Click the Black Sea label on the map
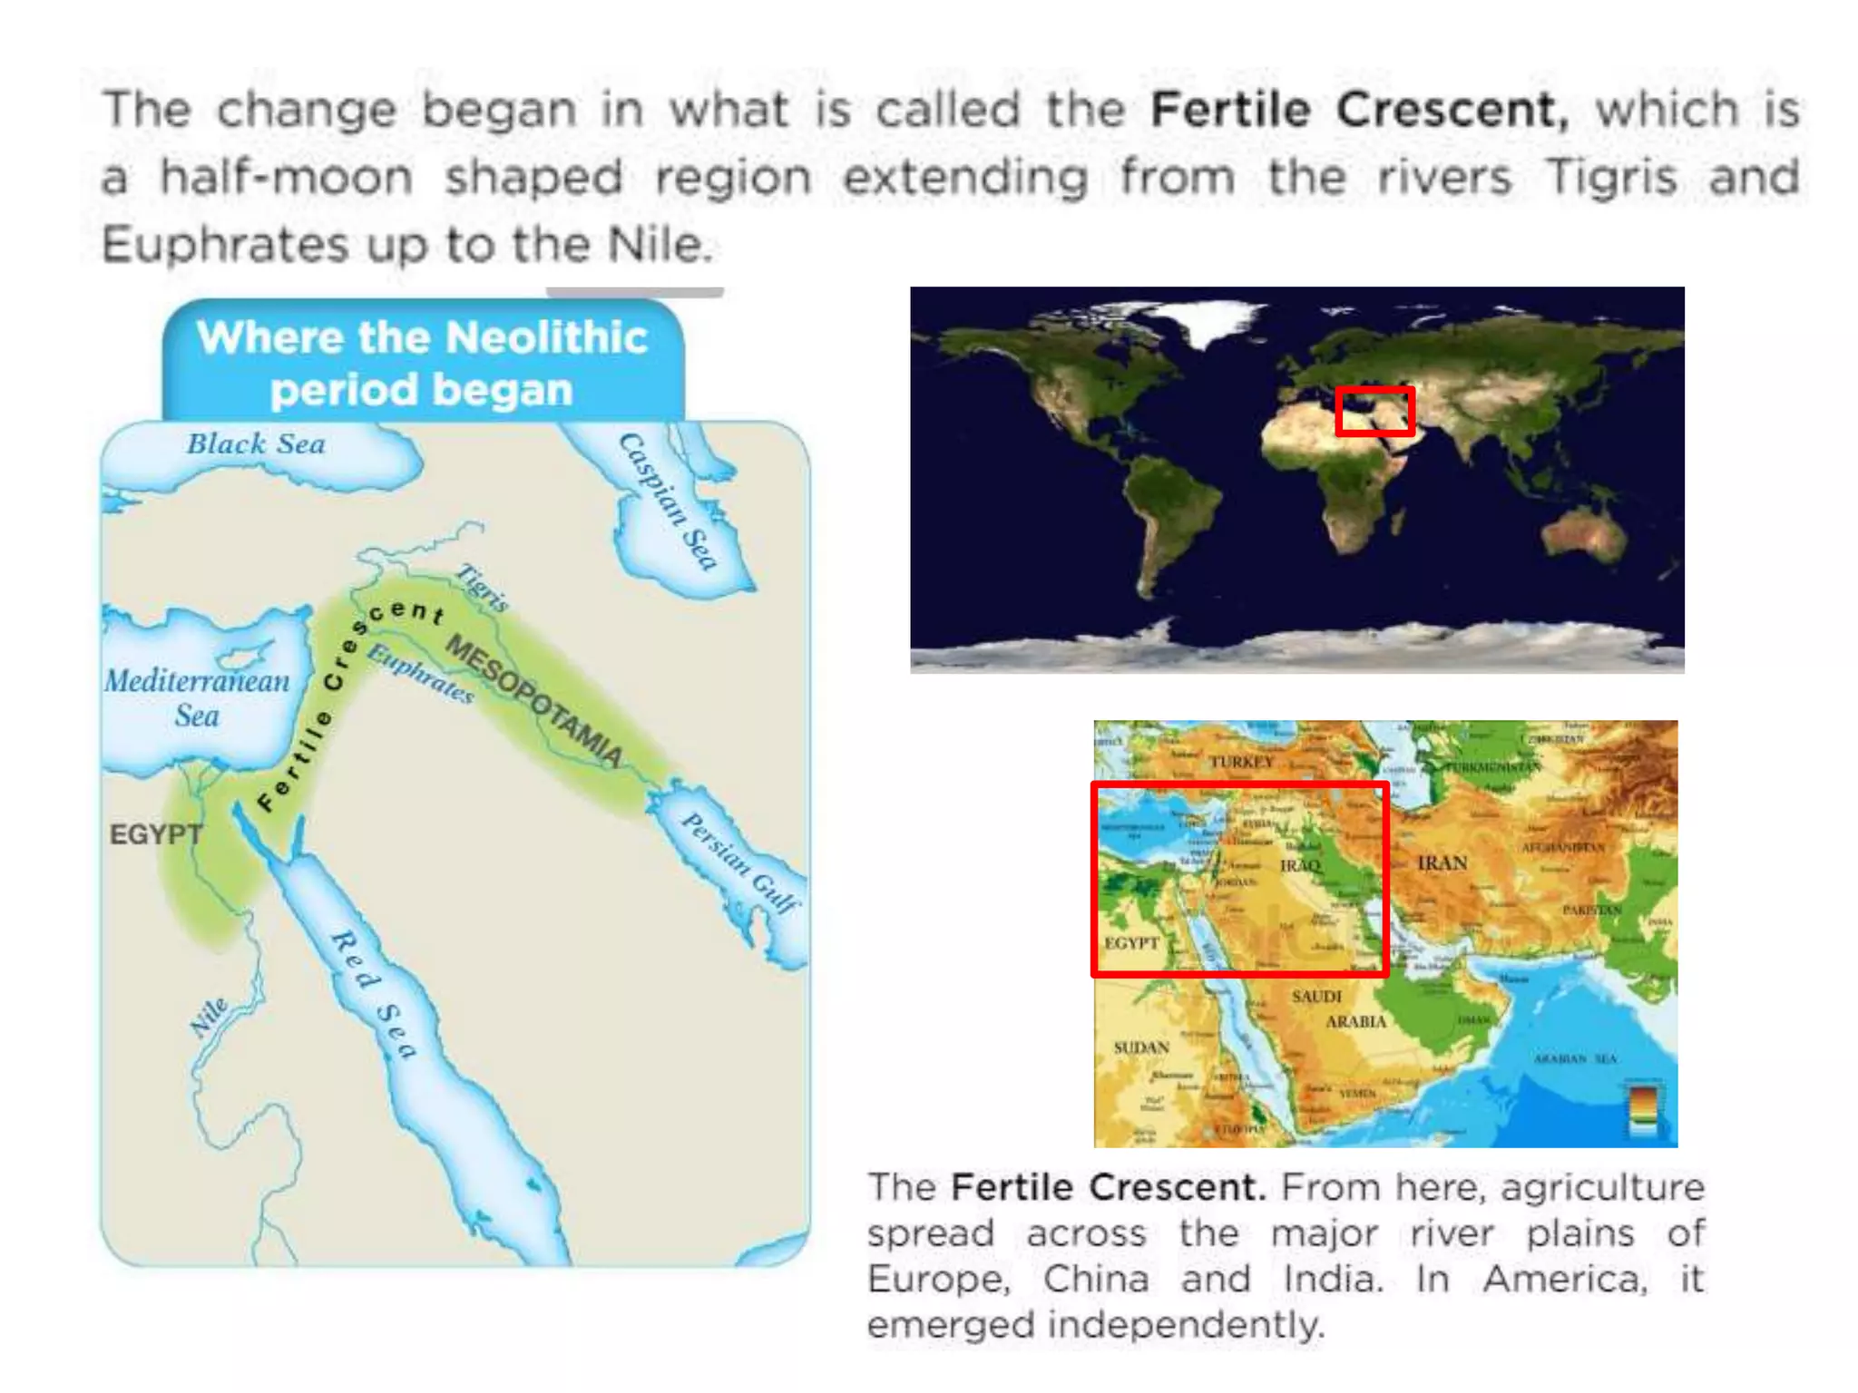[256, 444]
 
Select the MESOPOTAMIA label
[534, 700]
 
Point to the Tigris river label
[482, 587]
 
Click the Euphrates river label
[421, 673]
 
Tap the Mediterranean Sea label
[197, 697]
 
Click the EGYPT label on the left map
[155, 834]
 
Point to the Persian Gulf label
[740, 861]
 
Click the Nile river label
[210, 1017]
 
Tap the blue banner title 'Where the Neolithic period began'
[423, 363]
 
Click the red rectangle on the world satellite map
[1374, 411]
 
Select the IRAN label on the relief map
[1442, 862]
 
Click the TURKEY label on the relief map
[1241, 762]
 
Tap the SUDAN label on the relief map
[1141, 1047]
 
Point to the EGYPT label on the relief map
[1131, 943]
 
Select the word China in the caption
[1096, 1279]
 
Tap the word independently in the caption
[1186, 1325]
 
